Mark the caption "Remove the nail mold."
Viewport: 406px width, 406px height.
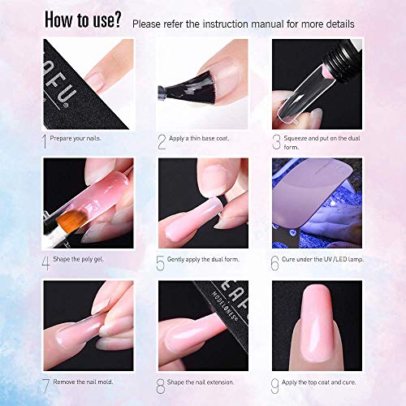(84, 381)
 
